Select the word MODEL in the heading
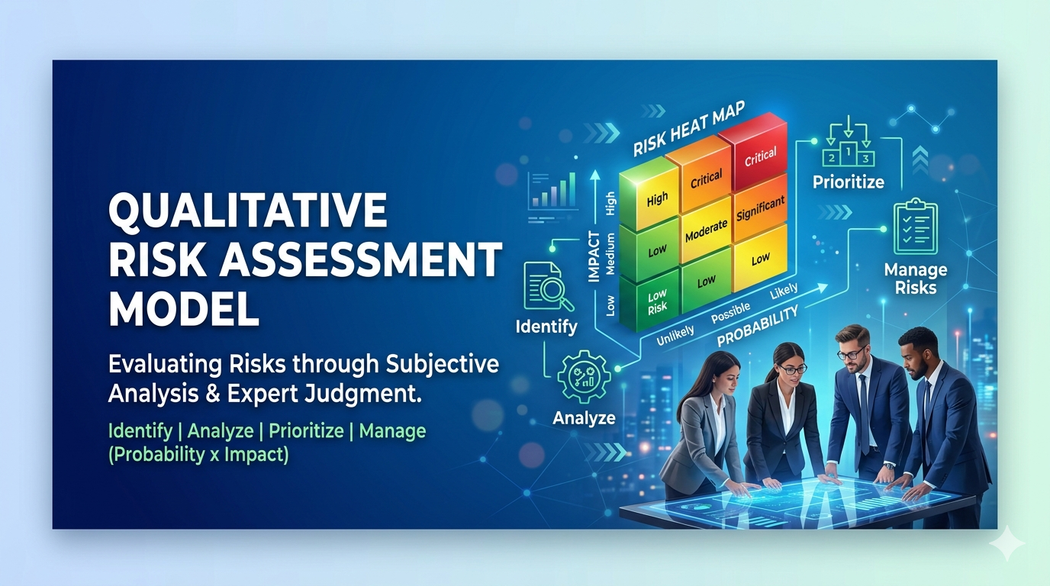pos(184,309)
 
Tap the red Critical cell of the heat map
pos(760,156)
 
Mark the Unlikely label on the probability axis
pos(675,333)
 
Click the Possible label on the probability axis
pos(730,312)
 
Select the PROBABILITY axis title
pos(757,325)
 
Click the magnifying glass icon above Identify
pos(544,287)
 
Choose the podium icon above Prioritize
pos(848,148)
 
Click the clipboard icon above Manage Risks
pos(915,227)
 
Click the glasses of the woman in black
pos(791,369)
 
